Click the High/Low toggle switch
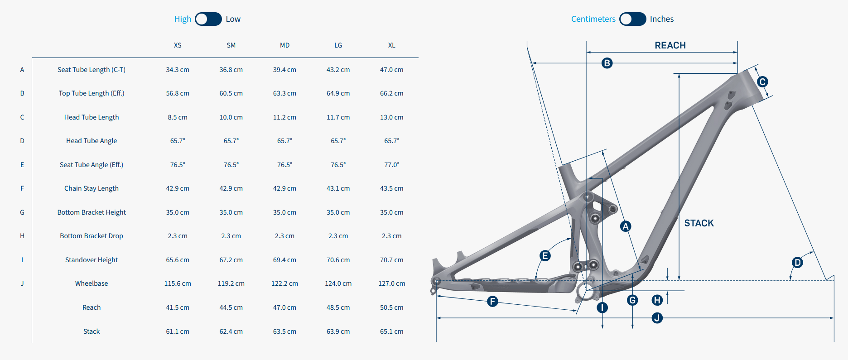click(208, 19)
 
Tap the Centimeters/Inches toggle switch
click(632, 19)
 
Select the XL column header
click(392, 45)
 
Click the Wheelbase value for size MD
click(284, 283)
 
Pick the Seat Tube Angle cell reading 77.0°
click(392, 165)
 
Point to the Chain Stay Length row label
click(92, 188)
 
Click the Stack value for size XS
click(178, 331)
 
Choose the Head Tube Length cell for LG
click(338, 117)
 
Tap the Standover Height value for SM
click(231, 260)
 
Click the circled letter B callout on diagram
click(607, 63)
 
